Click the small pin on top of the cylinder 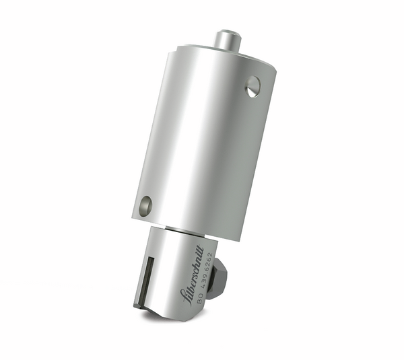(x=228, y=38)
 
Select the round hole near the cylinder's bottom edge (x=145, y=206)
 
